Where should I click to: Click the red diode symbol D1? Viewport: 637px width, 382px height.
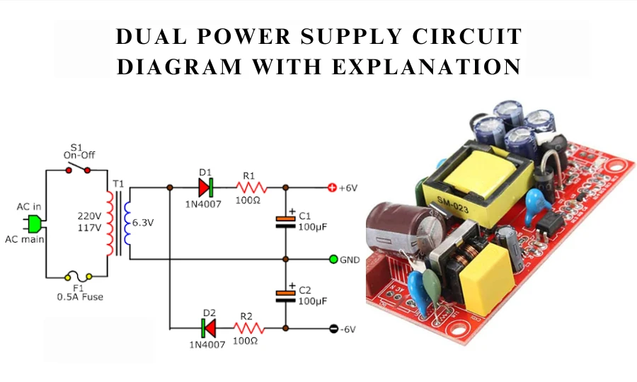[x=206, y=187]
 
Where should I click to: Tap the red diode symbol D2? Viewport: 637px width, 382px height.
[x=207, y=328]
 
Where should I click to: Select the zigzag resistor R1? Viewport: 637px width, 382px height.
[x=250, y=188]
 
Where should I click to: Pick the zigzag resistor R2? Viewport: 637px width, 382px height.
[x=250, y=328]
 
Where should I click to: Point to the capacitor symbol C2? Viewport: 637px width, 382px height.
[x=285, y=294]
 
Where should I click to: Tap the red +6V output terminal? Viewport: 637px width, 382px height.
[x=332, y=188]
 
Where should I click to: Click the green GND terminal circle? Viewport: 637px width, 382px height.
[x=333, y=259]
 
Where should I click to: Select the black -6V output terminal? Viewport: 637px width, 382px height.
[x=333, y=328]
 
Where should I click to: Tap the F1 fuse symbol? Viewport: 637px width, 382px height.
[x=79, y=277]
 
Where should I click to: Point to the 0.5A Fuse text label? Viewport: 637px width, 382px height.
[x=79, y=297]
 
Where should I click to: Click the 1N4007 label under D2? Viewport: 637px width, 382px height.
[x=207, y=345]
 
